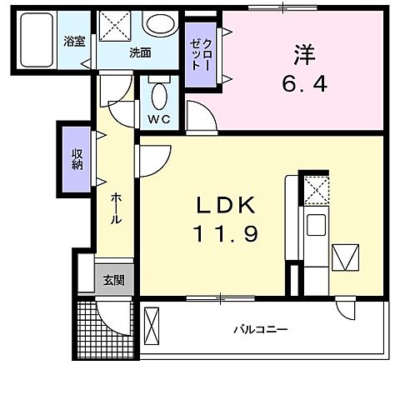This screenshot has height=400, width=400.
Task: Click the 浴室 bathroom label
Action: pos(74,41)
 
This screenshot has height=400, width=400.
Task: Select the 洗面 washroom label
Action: pos(139,52)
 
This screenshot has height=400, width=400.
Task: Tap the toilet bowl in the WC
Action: pos(158,93)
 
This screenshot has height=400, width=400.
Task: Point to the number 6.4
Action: pos(302,83)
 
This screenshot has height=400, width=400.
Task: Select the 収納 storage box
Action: pos(77,157)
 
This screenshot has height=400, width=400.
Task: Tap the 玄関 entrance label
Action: pos(114,280)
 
